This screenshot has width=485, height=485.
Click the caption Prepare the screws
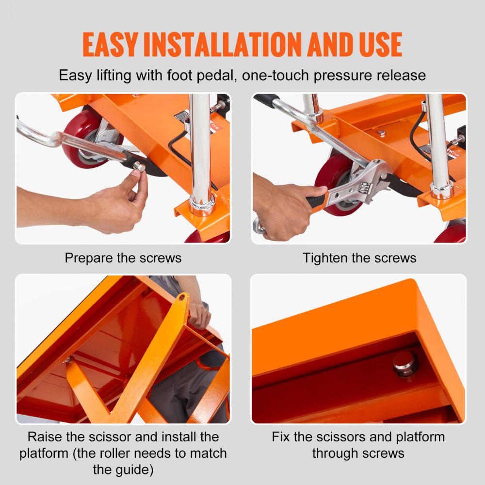[123, 258]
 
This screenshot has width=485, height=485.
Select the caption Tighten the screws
[359, 258]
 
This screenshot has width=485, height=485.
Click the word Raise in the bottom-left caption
[45, 436]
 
